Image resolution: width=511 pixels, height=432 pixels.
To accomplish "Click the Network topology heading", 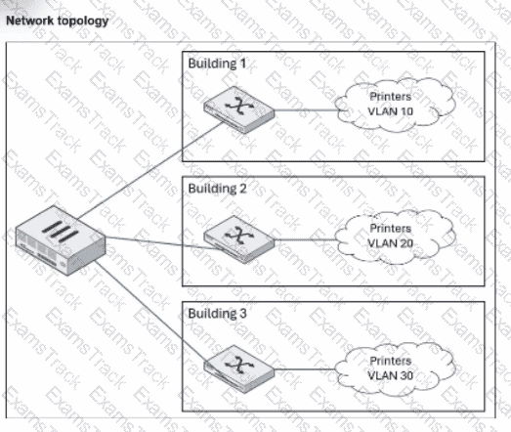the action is [x=58, y=21].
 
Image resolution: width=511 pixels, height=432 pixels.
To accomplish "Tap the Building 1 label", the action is [x=217, y=64].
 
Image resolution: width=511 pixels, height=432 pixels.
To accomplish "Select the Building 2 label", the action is [x=217, y=189].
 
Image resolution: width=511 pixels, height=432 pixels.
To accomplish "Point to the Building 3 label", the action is [x=217, y=314].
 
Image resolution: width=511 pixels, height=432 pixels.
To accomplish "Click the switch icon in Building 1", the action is [x=238, y=109].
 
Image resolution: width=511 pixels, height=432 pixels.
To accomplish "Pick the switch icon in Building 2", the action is [x=238, y=239].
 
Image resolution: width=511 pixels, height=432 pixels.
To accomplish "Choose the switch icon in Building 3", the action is [x=238, y=368].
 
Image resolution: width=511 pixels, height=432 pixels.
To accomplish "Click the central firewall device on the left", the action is [x=61, y=240].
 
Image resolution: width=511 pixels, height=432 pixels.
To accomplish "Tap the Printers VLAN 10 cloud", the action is [x=395, y=105].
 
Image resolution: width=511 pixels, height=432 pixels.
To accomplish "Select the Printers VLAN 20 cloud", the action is [x=395, y=237].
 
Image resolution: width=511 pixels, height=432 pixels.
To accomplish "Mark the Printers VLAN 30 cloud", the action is [x=395, y=368].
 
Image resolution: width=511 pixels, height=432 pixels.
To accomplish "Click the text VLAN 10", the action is [x=391, y=111].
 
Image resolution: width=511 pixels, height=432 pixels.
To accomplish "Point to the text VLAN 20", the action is [x=391, y=243].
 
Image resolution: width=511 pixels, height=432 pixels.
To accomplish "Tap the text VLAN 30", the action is [x=391, y=375].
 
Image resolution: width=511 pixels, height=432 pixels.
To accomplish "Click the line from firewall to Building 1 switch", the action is [x=150, y=169].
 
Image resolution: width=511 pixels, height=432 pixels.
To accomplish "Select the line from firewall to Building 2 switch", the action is [x=163, y=243].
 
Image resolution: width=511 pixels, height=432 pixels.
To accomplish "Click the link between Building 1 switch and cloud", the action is [x=306, y=110].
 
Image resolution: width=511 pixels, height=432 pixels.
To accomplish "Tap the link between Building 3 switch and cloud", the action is [x=306, y=369].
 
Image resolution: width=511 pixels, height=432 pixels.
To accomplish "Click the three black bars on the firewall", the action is [x=61, y=231].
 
